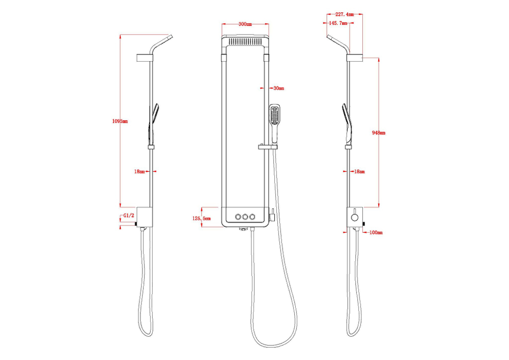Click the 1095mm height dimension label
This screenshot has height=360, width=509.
(x=120, y=121)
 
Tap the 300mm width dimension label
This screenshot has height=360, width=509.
(x=245, y=24)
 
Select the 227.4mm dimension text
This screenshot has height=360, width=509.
(x=345, y=14)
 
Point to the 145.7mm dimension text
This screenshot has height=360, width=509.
(x=338, y=23)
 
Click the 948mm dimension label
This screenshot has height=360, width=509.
(x=379, y=132)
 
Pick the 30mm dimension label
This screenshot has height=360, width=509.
(x=279, y=88)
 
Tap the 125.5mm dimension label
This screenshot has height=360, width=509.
(x=201, y=218)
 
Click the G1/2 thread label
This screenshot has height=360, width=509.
(x=129, y=215)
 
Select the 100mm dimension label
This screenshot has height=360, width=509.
(x=376, y=232)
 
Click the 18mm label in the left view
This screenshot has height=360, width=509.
(x=139, y=172)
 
